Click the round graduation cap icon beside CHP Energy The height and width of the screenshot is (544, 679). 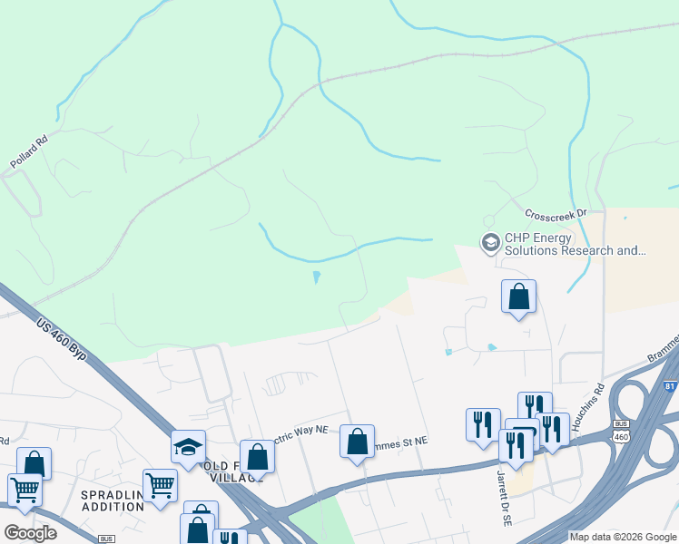[490, 242]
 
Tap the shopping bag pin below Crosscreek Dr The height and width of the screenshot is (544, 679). [518, 296]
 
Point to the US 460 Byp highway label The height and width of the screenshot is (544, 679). [62, 338]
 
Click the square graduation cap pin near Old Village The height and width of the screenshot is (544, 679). [189, 447]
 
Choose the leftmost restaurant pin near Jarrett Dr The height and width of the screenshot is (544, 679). [483, 423]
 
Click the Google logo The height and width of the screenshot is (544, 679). [31, 533]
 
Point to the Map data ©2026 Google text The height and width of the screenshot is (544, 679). [622, 537]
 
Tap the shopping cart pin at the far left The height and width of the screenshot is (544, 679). [25, 489]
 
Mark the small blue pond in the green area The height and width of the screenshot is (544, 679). [316, 277]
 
